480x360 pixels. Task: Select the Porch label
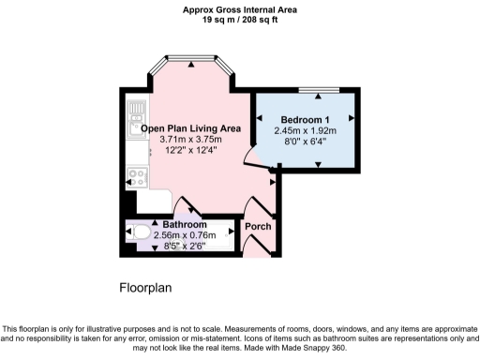[258, 227]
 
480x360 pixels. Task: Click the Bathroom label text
[184, 226]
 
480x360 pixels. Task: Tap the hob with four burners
[137, 174]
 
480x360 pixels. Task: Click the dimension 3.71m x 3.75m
[187, 140]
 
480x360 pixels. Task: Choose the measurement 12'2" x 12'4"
[187, 151]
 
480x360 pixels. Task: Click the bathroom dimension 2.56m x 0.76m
[184, 236]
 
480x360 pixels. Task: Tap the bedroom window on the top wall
[319, 90]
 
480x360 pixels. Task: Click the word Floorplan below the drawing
[145, 287]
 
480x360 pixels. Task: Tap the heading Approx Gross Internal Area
[239, 8]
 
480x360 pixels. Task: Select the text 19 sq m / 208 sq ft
[239, 19]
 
